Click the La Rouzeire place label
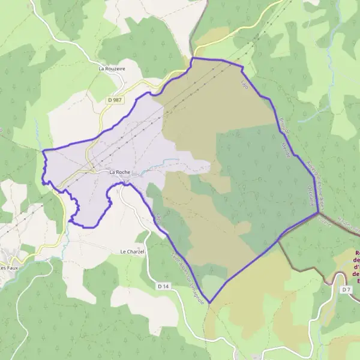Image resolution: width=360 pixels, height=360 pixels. (x=112, y=69)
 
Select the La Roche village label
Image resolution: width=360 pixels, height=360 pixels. (x=119, y=172)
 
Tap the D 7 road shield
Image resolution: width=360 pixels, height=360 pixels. (x=346, y=290)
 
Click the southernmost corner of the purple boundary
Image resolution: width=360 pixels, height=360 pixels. (x=210, y=302)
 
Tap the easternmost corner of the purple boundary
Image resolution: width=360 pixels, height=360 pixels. (x=318, y=212)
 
